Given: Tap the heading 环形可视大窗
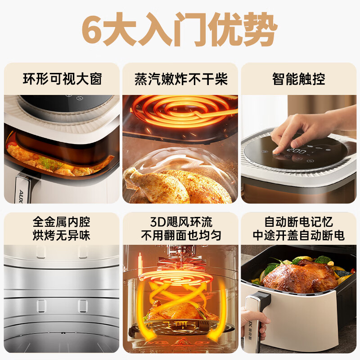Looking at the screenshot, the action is [62, 79].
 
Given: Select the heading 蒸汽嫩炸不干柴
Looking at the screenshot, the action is [181, 79].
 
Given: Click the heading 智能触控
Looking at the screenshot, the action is [299, 79].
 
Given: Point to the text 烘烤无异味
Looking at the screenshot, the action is [61, 235].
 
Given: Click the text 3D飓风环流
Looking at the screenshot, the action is [181, 222].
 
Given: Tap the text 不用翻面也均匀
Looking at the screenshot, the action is [181, 235].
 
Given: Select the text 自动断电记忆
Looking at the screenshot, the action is [299, 222].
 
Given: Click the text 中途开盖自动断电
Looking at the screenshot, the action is [299, 235].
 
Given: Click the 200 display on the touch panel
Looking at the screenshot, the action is [297, 151].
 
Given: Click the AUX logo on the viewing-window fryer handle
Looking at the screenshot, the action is [21, 197].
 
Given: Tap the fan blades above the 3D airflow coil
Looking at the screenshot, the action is [181, 262].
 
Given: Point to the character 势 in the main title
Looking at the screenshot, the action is [259, 29].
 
